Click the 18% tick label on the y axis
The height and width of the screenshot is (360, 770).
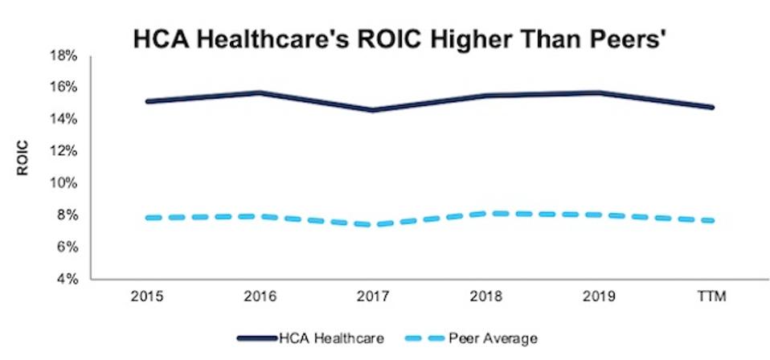pos(65,56)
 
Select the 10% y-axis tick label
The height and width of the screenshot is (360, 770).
pos(65,183)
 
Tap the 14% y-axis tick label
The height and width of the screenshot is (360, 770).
pos(65,119)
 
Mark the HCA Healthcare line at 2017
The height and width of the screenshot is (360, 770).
pos(373,110)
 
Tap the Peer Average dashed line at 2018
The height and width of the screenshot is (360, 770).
pos(486,213)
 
